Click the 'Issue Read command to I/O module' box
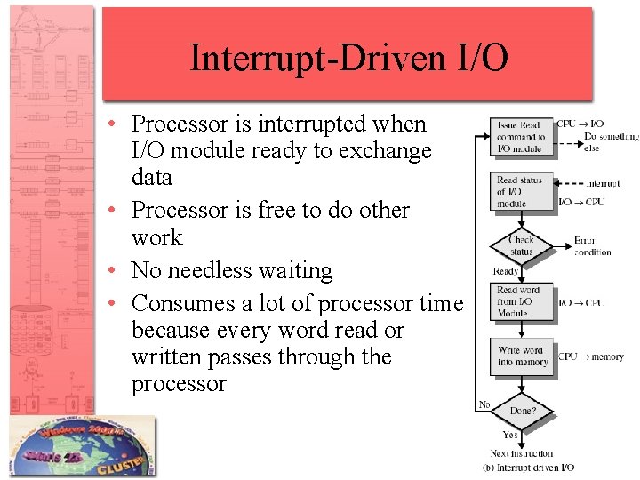[x=521, y=137]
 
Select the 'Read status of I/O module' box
[x=521, y=192]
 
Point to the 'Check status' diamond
[x=521, y=245]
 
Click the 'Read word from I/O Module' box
[x=521, y=302]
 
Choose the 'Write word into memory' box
[x=521, y=356]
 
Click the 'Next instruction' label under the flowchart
[x=521, y=453]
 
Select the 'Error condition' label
[x=592, y=246]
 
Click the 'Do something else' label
[x=611, y=142]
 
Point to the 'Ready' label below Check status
[x=506, y=271]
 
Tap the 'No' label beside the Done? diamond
[x=484, y=404]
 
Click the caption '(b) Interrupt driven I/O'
[x=528, y=468]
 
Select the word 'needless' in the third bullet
[x=206, y=271]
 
